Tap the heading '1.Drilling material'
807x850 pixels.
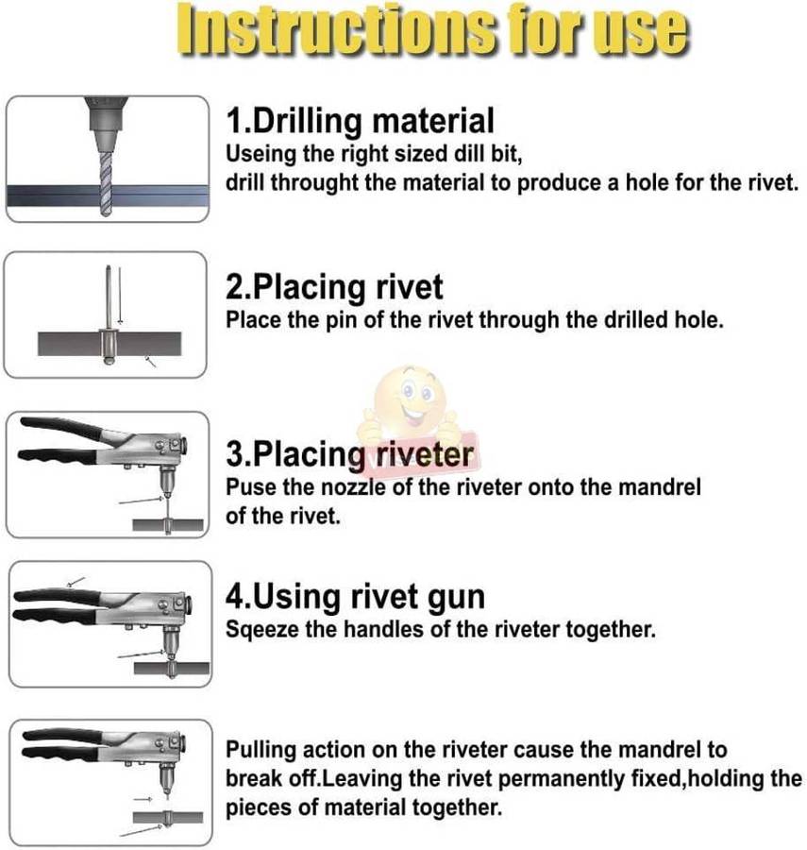click(360, 121)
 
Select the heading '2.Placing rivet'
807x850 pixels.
click(334, 285)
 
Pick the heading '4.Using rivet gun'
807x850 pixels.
click(355, 597)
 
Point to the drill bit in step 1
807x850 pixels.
click(106, 174)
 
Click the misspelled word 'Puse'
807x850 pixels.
click(247, 488)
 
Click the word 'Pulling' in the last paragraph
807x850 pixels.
click(260, 751)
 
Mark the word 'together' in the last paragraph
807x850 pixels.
click(465, 809)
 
